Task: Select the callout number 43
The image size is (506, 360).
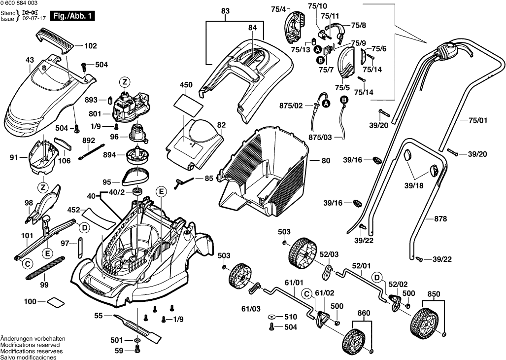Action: coord(30,60)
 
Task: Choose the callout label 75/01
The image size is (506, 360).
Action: coord(477,120)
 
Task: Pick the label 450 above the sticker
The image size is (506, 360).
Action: coord(186,85)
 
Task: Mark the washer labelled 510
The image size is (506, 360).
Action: coord(272,317)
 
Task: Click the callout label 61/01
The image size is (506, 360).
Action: coord(294,283)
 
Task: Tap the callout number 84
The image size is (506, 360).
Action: coord(253,28)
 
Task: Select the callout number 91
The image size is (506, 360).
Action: coord(13,158)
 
